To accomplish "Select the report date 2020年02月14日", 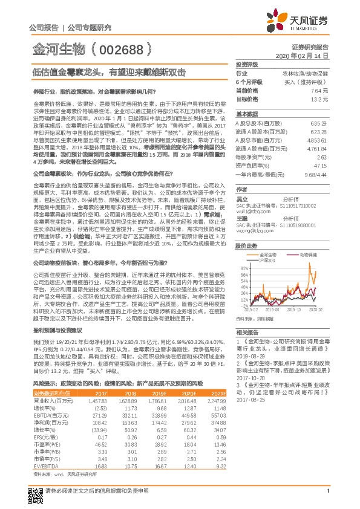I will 306,55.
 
